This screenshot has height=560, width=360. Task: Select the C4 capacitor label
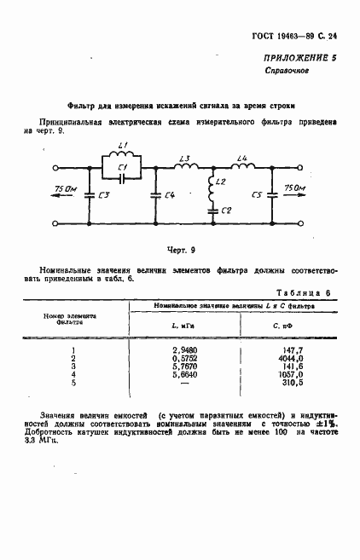tap(170, 196)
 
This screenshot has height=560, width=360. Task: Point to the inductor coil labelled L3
tap(184, 167)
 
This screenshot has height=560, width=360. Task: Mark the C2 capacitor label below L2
tap(225, 210)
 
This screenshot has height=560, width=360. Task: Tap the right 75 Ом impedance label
tap(293, 187)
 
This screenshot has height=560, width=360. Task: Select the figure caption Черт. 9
tap(180, 250)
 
